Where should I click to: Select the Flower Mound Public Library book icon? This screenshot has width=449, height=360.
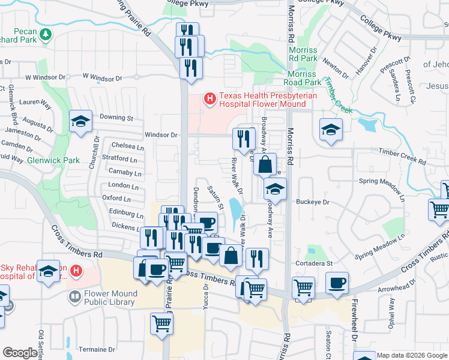(x=74, y=296)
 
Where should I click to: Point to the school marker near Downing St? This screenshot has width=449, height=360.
(x=80, y=122)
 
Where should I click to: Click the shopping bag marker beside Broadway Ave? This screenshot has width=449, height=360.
(x=265, y=164)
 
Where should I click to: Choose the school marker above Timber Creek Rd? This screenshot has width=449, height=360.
(x=330, y=131)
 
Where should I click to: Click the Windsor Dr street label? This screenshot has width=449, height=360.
(x=161, y=135)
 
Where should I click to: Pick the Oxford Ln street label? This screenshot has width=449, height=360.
(x=116, y=198)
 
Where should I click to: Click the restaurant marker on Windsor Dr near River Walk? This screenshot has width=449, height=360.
(x=244, y=139)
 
